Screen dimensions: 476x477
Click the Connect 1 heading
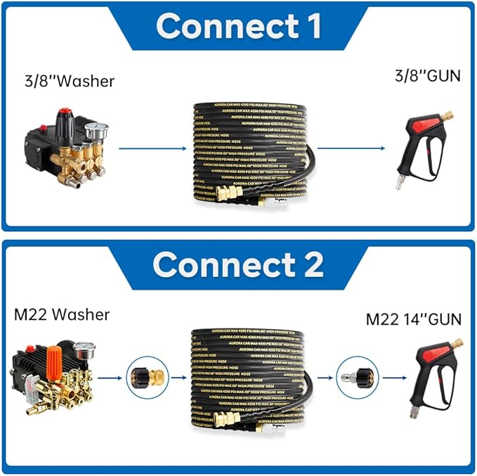[x=238, y=26]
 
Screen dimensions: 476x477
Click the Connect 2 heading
[x=238, y=264]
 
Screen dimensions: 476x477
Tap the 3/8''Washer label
[x=68, y=81]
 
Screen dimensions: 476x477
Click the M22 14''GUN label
[x=414, y=319]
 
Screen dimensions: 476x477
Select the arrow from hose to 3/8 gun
[x=351, y=148]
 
